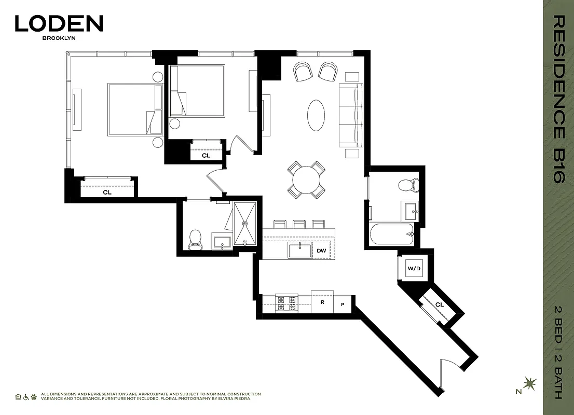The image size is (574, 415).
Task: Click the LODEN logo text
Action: pyautogui.click(x=59, y=23)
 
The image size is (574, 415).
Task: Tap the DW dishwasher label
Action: pyautogui.click(x=321, y=251)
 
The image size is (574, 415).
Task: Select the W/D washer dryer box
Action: pyautogui.click(x=414, y=269)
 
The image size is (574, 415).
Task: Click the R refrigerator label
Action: pyautogui.click(x=322, y=301)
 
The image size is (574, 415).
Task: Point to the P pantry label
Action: pyautogui.click(x=343, y=305)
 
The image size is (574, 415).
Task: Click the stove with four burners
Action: pyautogui.click(x=286, y=303)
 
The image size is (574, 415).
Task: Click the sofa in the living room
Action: pyautogui.click(x=350, y=115)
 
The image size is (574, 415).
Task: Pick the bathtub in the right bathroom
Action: pyautogui.click(x=391, y=234)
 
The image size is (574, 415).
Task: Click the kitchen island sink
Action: pyautogui.click(x=300, y=251)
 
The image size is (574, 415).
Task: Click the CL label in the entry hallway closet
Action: pyautogui.click(x=439, y=305)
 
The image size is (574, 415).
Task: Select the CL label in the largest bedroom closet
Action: pyautogui.click(x=107, y=192)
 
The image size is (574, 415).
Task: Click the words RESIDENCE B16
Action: pyautogui.click(x=558, y=99)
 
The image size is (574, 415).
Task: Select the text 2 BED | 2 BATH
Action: pyautogui.click(x=558, y=353)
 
